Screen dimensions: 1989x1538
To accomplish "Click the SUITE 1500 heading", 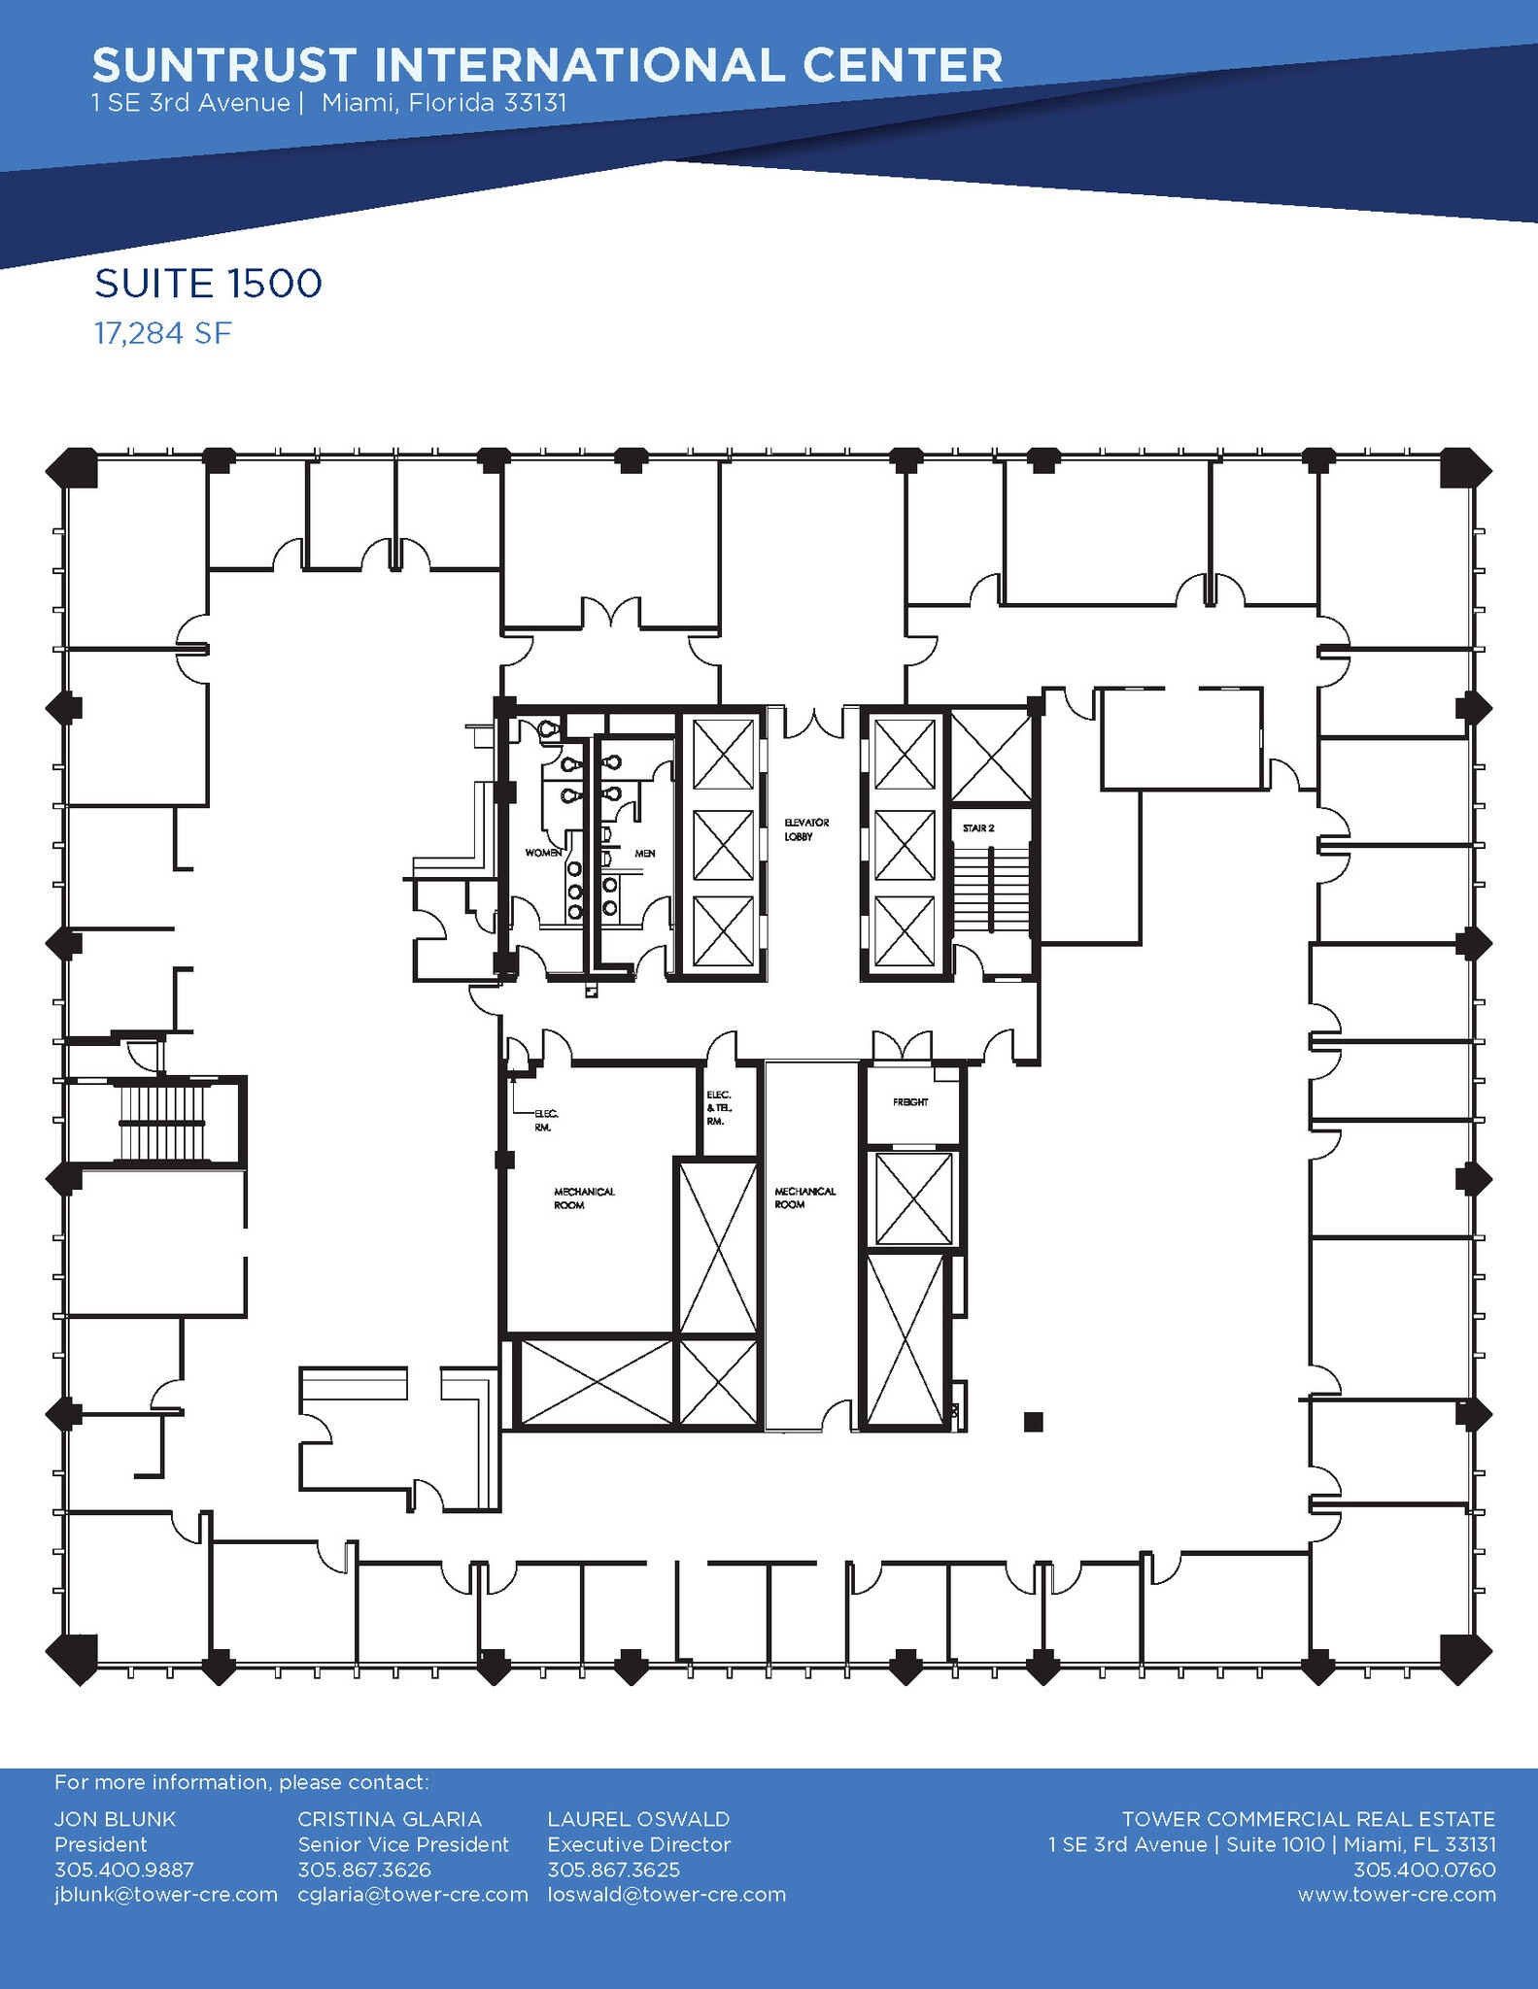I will (x=208, y=284).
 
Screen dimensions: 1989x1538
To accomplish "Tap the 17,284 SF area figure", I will (x=162, y=334).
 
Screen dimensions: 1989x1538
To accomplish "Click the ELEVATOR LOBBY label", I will (x=805, y=829).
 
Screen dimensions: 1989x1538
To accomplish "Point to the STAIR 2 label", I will (x=978, y=828).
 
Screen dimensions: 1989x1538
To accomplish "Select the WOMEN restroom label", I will (x=543, y=853).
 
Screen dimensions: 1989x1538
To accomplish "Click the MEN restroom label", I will (x=644, y=854).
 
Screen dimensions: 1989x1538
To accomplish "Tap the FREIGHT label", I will (x=910, y=1102).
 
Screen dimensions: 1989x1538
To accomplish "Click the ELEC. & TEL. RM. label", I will (x=718, y=1108).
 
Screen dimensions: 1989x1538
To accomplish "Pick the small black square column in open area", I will (x=1033, y=1422).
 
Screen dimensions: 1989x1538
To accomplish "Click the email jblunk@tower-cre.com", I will (x=166, y=1895).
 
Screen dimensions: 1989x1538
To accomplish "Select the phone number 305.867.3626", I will (x=363, y=1870).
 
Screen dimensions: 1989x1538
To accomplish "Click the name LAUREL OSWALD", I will (x=638, y=1819).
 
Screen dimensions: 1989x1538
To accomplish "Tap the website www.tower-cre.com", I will (x=1396, y=1895).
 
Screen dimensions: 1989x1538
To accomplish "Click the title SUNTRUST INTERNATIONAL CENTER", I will (x=547, y=66).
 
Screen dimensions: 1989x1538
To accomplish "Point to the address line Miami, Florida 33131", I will (x=444, y=103).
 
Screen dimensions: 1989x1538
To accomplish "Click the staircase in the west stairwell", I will (x=161, y=1123).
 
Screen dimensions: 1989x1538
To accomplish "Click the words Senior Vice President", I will (x=403, y=1844).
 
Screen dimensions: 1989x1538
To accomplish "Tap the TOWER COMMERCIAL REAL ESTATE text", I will (x=1308, y=1819).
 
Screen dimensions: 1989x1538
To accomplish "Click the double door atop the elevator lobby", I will (x=814, y=724).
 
